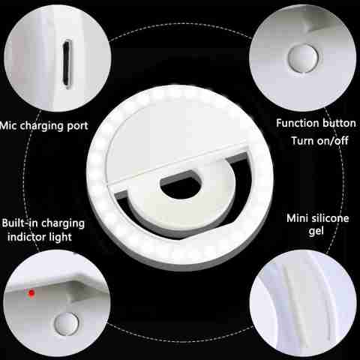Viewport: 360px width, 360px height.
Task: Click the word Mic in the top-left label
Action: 8,125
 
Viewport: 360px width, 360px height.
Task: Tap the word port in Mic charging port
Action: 78,126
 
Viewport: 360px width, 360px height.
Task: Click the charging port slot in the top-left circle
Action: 67,64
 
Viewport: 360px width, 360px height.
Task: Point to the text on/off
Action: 332,141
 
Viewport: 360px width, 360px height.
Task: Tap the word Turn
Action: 302,141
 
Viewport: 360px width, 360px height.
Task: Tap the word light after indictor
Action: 58,238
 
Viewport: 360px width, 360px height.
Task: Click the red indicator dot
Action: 31,293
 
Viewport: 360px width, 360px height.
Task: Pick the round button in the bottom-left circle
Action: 66,323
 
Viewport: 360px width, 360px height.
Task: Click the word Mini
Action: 297,218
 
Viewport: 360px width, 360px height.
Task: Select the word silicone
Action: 330,218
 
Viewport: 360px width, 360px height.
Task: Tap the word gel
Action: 316,232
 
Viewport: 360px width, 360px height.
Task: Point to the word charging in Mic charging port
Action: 42,127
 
